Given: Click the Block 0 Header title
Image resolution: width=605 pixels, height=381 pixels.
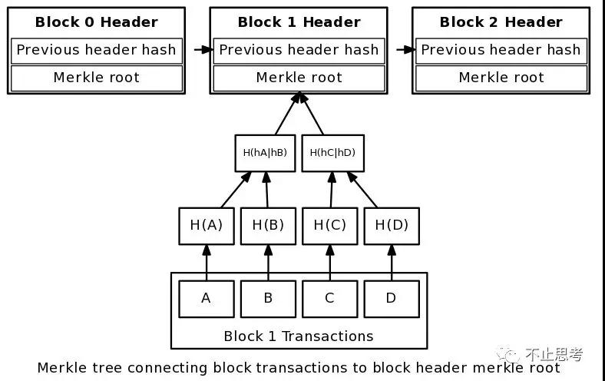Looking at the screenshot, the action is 97,22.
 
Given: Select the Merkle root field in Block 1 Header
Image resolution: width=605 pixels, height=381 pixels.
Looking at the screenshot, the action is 299,78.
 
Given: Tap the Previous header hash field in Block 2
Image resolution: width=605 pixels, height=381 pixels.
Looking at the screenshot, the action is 501,51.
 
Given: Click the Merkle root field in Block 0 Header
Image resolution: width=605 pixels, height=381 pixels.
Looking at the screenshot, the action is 97,78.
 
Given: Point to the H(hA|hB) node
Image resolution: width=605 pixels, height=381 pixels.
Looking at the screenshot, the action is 265,153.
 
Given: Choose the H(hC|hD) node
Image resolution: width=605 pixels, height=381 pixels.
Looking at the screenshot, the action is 332,153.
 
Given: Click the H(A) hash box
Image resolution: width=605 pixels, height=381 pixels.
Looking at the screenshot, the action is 207,226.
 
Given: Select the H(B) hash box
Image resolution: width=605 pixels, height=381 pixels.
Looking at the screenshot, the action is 268,226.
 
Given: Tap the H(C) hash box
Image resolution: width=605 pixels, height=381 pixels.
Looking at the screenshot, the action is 330,226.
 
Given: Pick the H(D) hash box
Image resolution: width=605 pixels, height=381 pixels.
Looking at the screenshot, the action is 392,226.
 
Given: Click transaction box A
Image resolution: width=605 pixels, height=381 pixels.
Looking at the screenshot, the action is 207,299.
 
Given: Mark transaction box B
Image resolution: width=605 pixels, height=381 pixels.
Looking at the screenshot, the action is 268,299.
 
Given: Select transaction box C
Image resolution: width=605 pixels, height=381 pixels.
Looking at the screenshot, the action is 330,299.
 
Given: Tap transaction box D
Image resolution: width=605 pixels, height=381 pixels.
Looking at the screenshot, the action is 392,299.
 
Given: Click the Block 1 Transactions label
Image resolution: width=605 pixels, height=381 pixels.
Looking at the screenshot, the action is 299,336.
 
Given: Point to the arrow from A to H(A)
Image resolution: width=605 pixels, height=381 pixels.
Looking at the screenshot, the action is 207,263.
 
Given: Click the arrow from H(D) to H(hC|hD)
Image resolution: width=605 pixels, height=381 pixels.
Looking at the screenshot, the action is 362,190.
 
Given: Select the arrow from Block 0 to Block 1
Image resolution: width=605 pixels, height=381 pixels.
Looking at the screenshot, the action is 203,50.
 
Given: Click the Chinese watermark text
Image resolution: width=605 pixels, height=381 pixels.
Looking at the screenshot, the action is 554,354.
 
